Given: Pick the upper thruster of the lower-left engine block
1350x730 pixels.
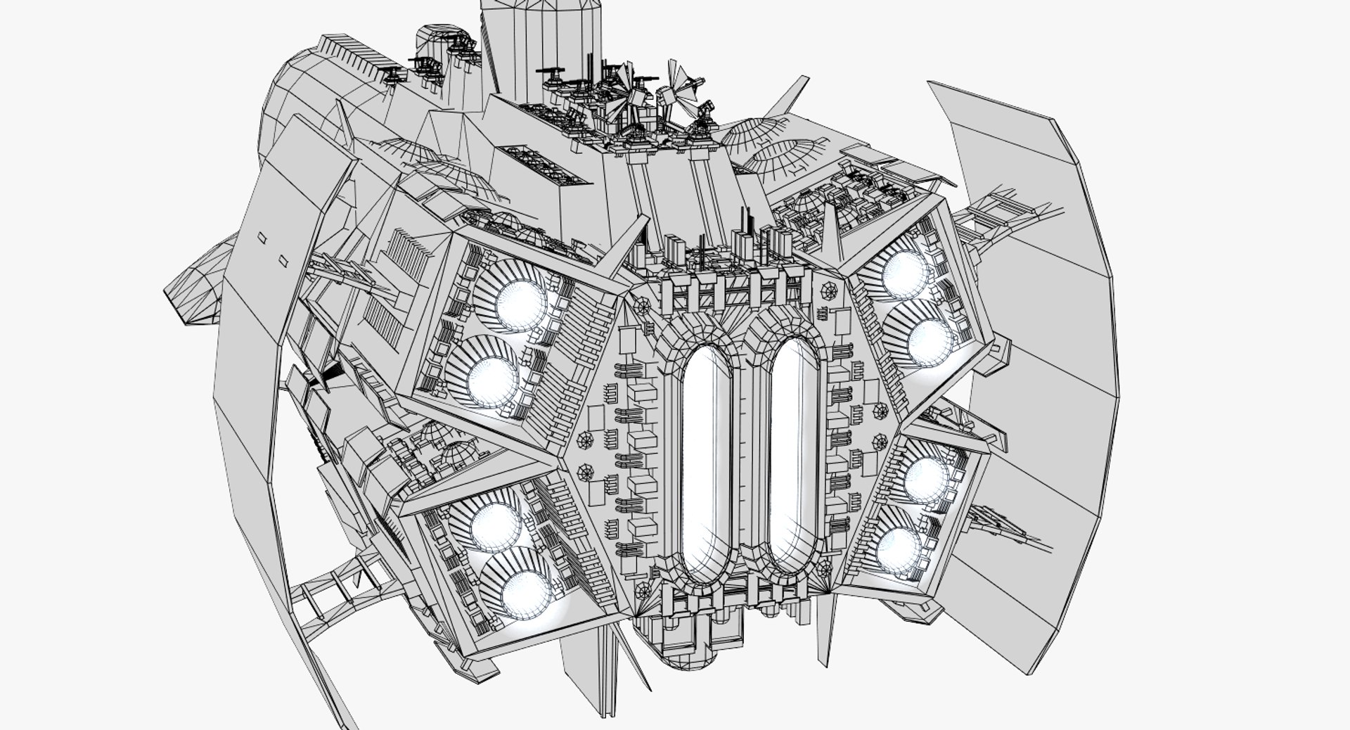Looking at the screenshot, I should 492,525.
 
